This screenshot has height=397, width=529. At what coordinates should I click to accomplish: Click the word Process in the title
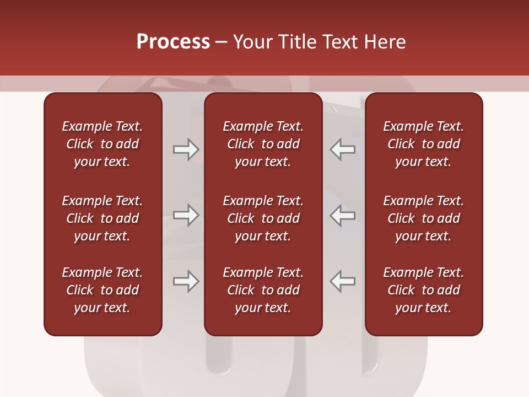(x=173, y=42)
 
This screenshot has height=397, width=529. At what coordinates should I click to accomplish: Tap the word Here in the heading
(x=385, y=42)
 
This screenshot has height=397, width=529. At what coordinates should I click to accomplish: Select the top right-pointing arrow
(x=186, y=149)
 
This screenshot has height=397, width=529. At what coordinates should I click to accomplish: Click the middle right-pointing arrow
(x=186, y=215)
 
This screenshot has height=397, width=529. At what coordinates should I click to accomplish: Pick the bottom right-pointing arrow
(x=186, y=281)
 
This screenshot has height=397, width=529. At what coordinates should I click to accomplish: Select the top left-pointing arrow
(x=343, y=149)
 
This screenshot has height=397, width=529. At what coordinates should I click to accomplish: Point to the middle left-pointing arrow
(x=343, y=215)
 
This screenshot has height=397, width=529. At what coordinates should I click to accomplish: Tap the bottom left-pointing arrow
(x=343, y=281)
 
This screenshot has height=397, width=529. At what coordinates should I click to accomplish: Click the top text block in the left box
(x=102, y=144)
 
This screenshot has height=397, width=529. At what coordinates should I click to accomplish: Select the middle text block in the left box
(x=102, y=218)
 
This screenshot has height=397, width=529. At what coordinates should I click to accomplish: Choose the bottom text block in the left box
(x=102, y=290)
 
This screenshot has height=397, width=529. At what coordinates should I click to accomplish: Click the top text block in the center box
(x=263, y=144)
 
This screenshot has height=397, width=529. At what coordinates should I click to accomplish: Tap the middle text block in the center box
(x=263, y=218)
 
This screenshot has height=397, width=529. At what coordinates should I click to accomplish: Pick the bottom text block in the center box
(x=263, y=290)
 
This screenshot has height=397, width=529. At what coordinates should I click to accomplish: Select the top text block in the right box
(x=423, y=144)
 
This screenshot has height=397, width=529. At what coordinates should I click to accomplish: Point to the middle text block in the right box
(x=423, y=218)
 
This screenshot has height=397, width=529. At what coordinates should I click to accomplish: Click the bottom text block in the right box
(x=423, y=290)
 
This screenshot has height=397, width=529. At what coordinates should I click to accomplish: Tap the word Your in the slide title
(x=251, y=42)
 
